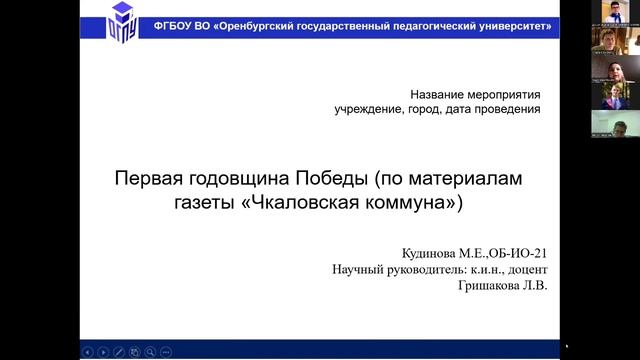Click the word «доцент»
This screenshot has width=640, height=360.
[x=530, y=270]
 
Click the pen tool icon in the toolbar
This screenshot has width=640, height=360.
[x=119, y=351]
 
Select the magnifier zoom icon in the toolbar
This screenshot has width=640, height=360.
[x=151, y=351]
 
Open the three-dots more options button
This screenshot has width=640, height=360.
[x=167, y=351]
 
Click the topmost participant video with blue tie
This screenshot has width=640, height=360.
[x=611, y=12]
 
